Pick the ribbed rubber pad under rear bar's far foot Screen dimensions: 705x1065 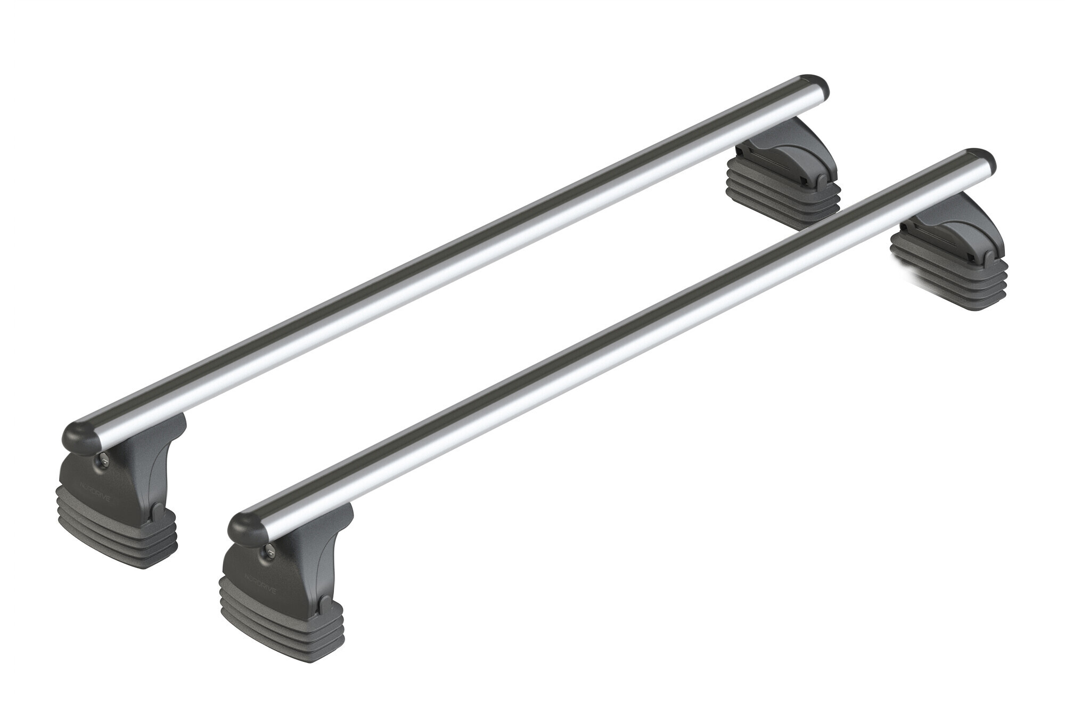click(783, 194)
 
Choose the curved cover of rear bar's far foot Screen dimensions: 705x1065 click(799, 154)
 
